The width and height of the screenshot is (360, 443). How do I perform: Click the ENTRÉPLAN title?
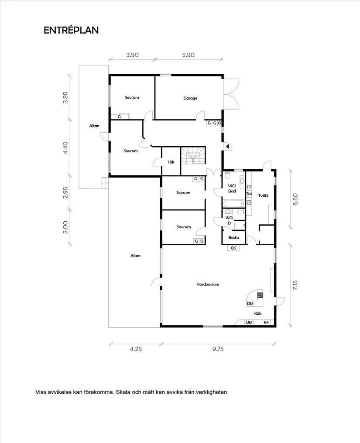71,30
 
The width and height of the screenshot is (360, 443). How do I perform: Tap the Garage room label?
190,98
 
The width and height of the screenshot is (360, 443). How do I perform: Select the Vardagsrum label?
208,284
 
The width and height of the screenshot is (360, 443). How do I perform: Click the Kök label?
258,313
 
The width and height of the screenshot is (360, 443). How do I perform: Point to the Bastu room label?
234,237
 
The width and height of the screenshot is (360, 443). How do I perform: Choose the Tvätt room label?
263,195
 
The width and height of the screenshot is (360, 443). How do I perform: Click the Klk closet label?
171,162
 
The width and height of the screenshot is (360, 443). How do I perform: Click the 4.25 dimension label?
136,349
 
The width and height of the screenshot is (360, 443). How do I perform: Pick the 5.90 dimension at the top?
188,55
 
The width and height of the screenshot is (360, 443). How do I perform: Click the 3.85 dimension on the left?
65,97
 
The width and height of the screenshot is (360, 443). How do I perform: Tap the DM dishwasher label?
250,304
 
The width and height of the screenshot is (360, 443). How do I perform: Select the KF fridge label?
266,323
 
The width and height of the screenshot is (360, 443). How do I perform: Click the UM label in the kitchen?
249,323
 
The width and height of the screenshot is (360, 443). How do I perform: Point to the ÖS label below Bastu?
234,248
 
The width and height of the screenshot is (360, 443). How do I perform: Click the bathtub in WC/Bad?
233,203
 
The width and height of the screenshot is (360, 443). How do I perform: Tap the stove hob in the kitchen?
260,295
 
